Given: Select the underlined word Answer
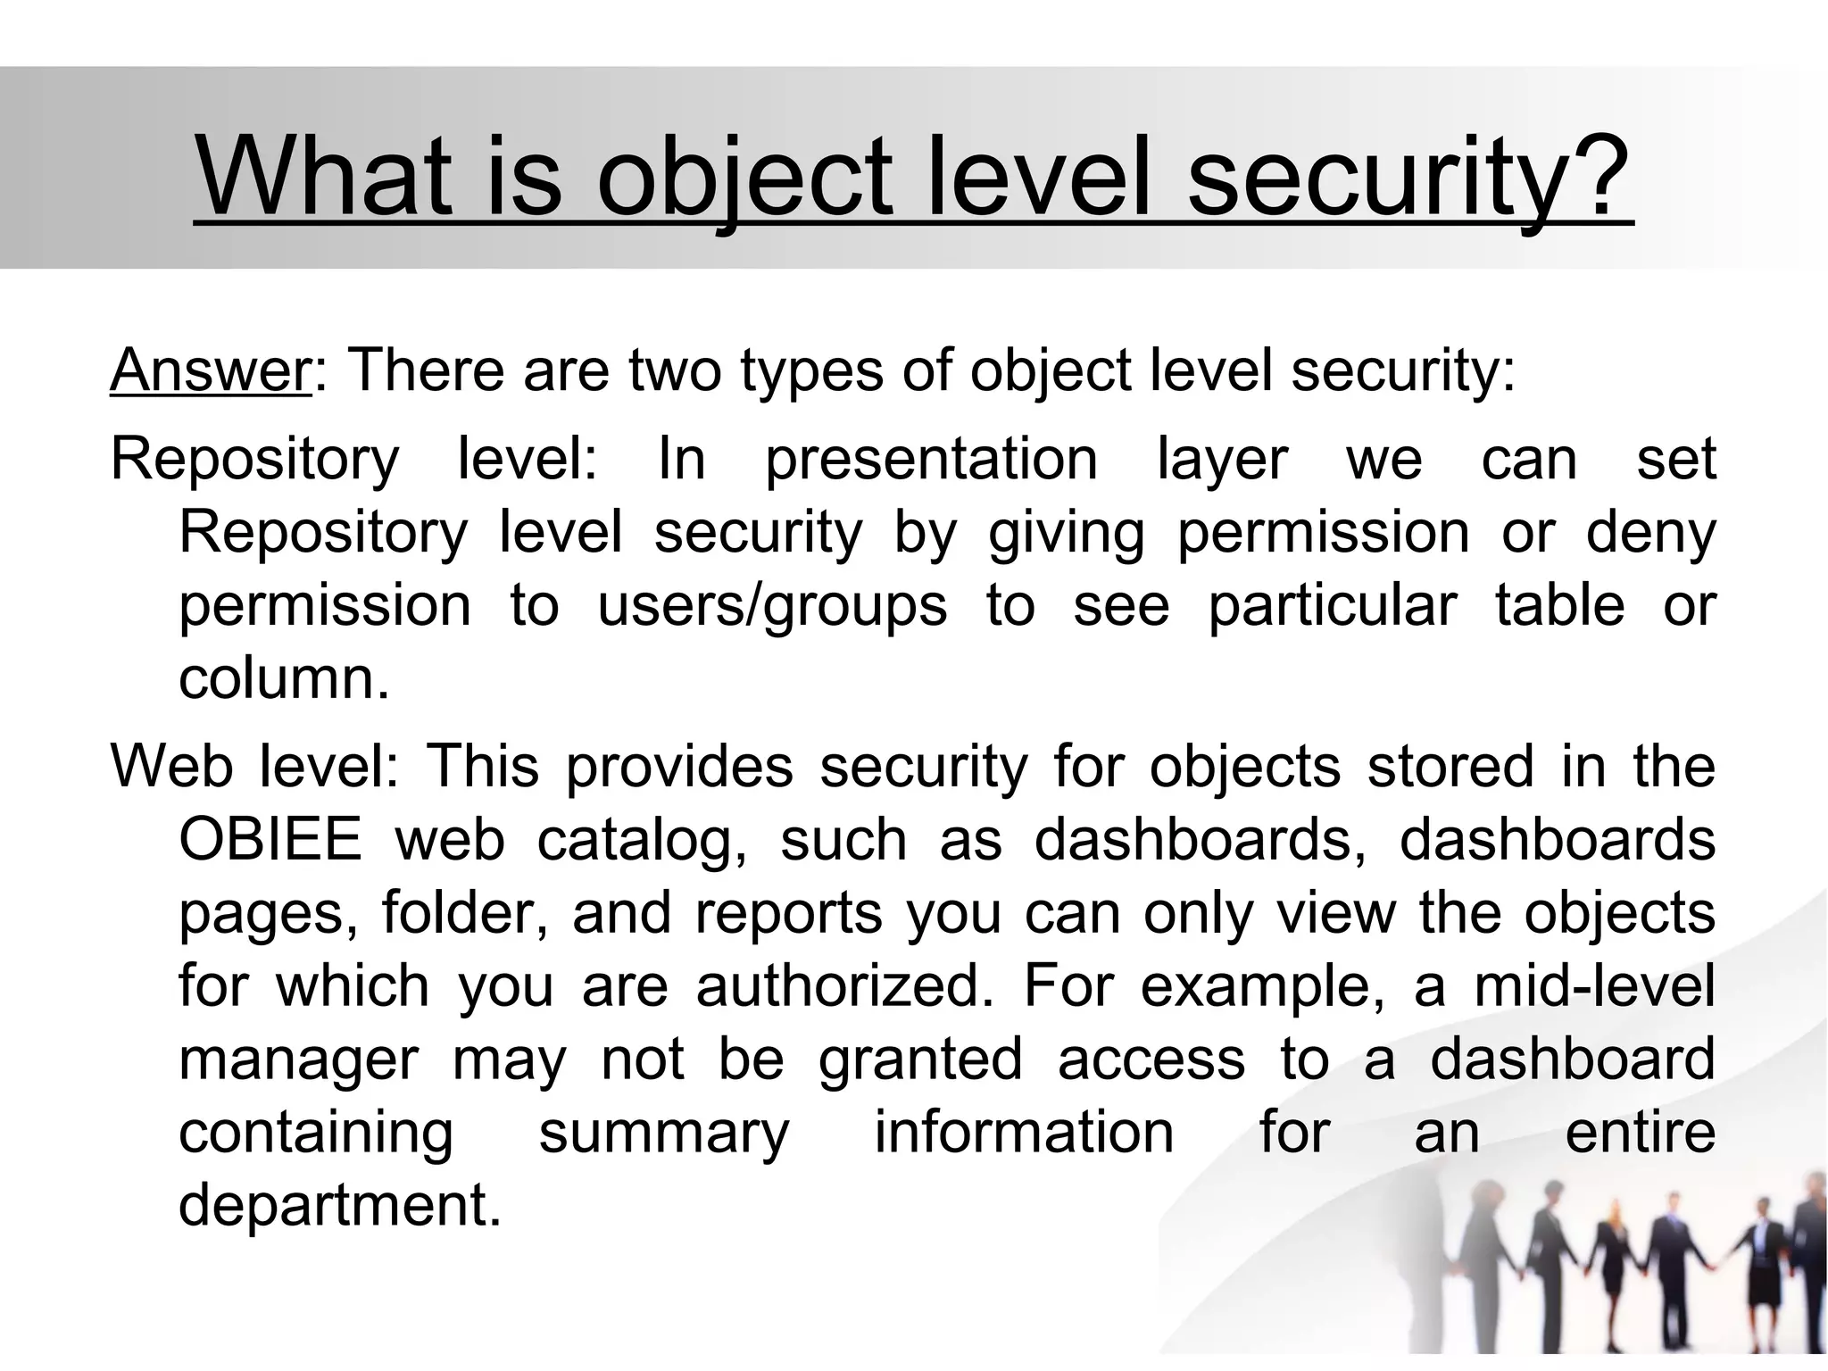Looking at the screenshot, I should point(210,370).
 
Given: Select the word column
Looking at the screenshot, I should point(283,679).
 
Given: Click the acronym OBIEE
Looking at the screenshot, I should point(270,840).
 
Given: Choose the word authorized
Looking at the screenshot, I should point(843,986).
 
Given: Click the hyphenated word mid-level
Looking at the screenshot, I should point(1594,986).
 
